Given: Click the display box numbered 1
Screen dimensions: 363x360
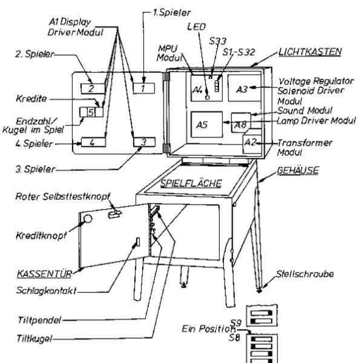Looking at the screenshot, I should point(144,88).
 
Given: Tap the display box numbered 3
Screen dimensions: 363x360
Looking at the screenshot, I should point(144,142).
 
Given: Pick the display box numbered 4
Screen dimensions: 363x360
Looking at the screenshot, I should point(93,142).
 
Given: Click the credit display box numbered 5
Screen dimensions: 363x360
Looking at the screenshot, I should point(91,112).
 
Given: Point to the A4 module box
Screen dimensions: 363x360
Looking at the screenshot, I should point(201,90).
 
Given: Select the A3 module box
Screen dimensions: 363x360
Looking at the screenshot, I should point(244,88).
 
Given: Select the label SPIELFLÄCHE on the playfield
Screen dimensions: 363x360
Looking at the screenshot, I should point(191,183).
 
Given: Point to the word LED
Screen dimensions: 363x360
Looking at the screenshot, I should point(197,26).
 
